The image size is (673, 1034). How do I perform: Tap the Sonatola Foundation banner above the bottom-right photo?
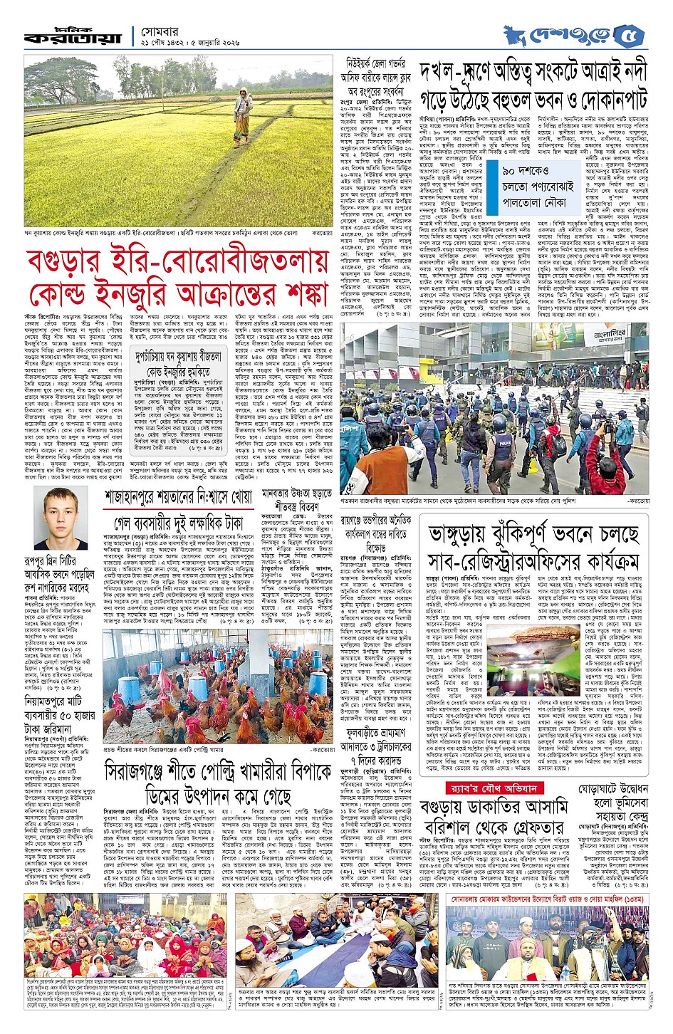click(x=547, y=899)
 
